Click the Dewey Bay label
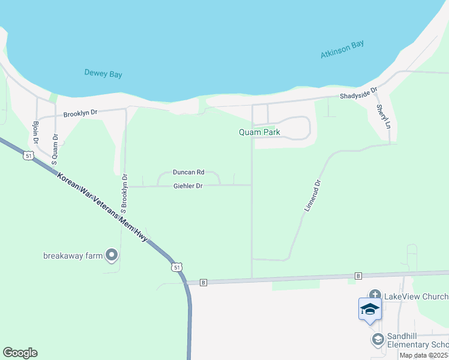point(103,74)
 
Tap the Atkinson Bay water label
point(342,50)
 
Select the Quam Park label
point(260,132)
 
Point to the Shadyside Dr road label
point(358,95)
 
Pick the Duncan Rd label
point(188,172)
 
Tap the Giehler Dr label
point(187,186)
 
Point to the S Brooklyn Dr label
point(124,194)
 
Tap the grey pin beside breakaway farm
point(112,256)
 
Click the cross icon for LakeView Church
point(375,295)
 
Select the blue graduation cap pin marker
point(370,310)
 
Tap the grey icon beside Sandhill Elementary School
point(378,340)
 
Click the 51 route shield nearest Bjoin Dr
point(28,156)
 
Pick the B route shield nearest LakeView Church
point(358,276)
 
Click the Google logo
point(20,353)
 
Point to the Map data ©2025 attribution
point(424,355)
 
